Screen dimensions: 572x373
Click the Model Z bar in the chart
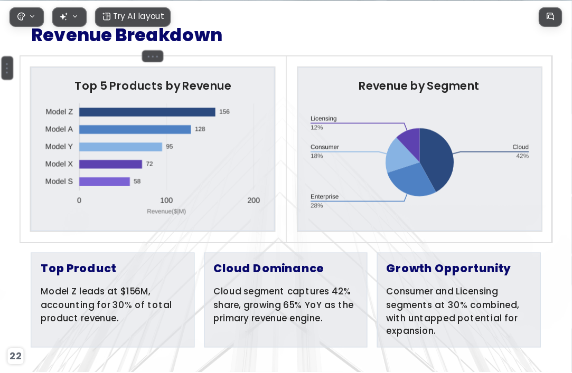pyautogui.click(x=147, y=112)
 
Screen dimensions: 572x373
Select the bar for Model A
pyautogui.click(x=135, y=129)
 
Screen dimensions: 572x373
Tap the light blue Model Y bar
pyautogui.click(x=120, y=147)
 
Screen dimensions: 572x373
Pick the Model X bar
pyautogui.click(x=110, y=164)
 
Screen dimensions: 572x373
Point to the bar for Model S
pyautogui.click(x=105, y=181)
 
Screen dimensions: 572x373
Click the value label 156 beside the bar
pyautogui.click(x=224, y=112)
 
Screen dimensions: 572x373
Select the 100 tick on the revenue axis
pyautogui.click(x=166, y=200)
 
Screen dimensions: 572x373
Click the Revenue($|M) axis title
pyautogui.click(x=166, y=211)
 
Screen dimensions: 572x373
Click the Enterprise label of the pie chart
pyautogui.click(x=324, y=197)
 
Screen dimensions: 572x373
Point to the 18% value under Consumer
pyautogui.click(x=317, y=156)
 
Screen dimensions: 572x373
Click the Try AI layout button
pyautogui.click(x=133, y=17)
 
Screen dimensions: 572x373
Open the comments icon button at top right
pyautogui.click(x=550, y=17)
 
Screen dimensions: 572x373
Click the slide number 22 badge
pyautogui.click(x=15, y=356)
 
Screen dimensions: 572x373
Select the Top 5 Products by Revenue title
pyautogui.click(x=153, y=86)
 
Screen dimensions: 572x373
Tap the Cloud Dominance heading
pyautogui.click(x=268, y=269)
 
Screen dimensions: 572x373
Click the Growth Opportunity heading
pyautogui.click(x=448, y=269)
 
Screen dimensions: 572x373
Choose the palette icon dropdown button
pyautogui.click(x=26, y=17)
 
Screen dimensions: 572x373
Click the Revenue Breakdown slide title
pyautogui.click(x=127, y=35)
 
